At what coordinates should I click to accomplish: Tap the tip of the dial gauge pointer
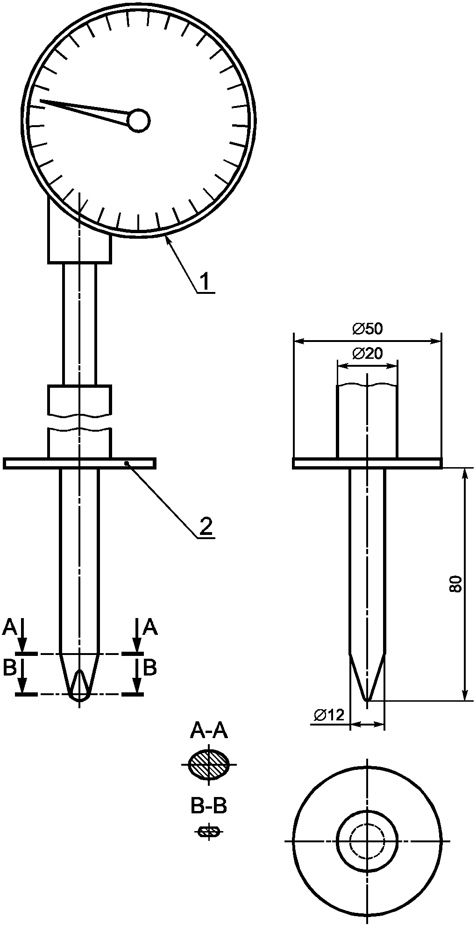[41, 100]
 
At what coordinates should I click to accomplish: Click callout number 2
[206, 527]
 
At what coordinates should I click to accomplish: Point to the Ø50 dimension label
[367, 329]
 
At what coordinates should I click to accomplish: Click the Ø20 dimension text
[367, 354]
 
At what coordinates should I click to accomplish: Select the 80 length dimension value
[455, 584]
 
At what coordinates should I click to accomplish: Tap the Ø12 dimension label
[329, 715]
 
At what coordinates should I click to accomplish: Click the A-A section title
[209, 731]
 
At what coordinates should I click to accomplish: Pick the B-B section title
[209, 806]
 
